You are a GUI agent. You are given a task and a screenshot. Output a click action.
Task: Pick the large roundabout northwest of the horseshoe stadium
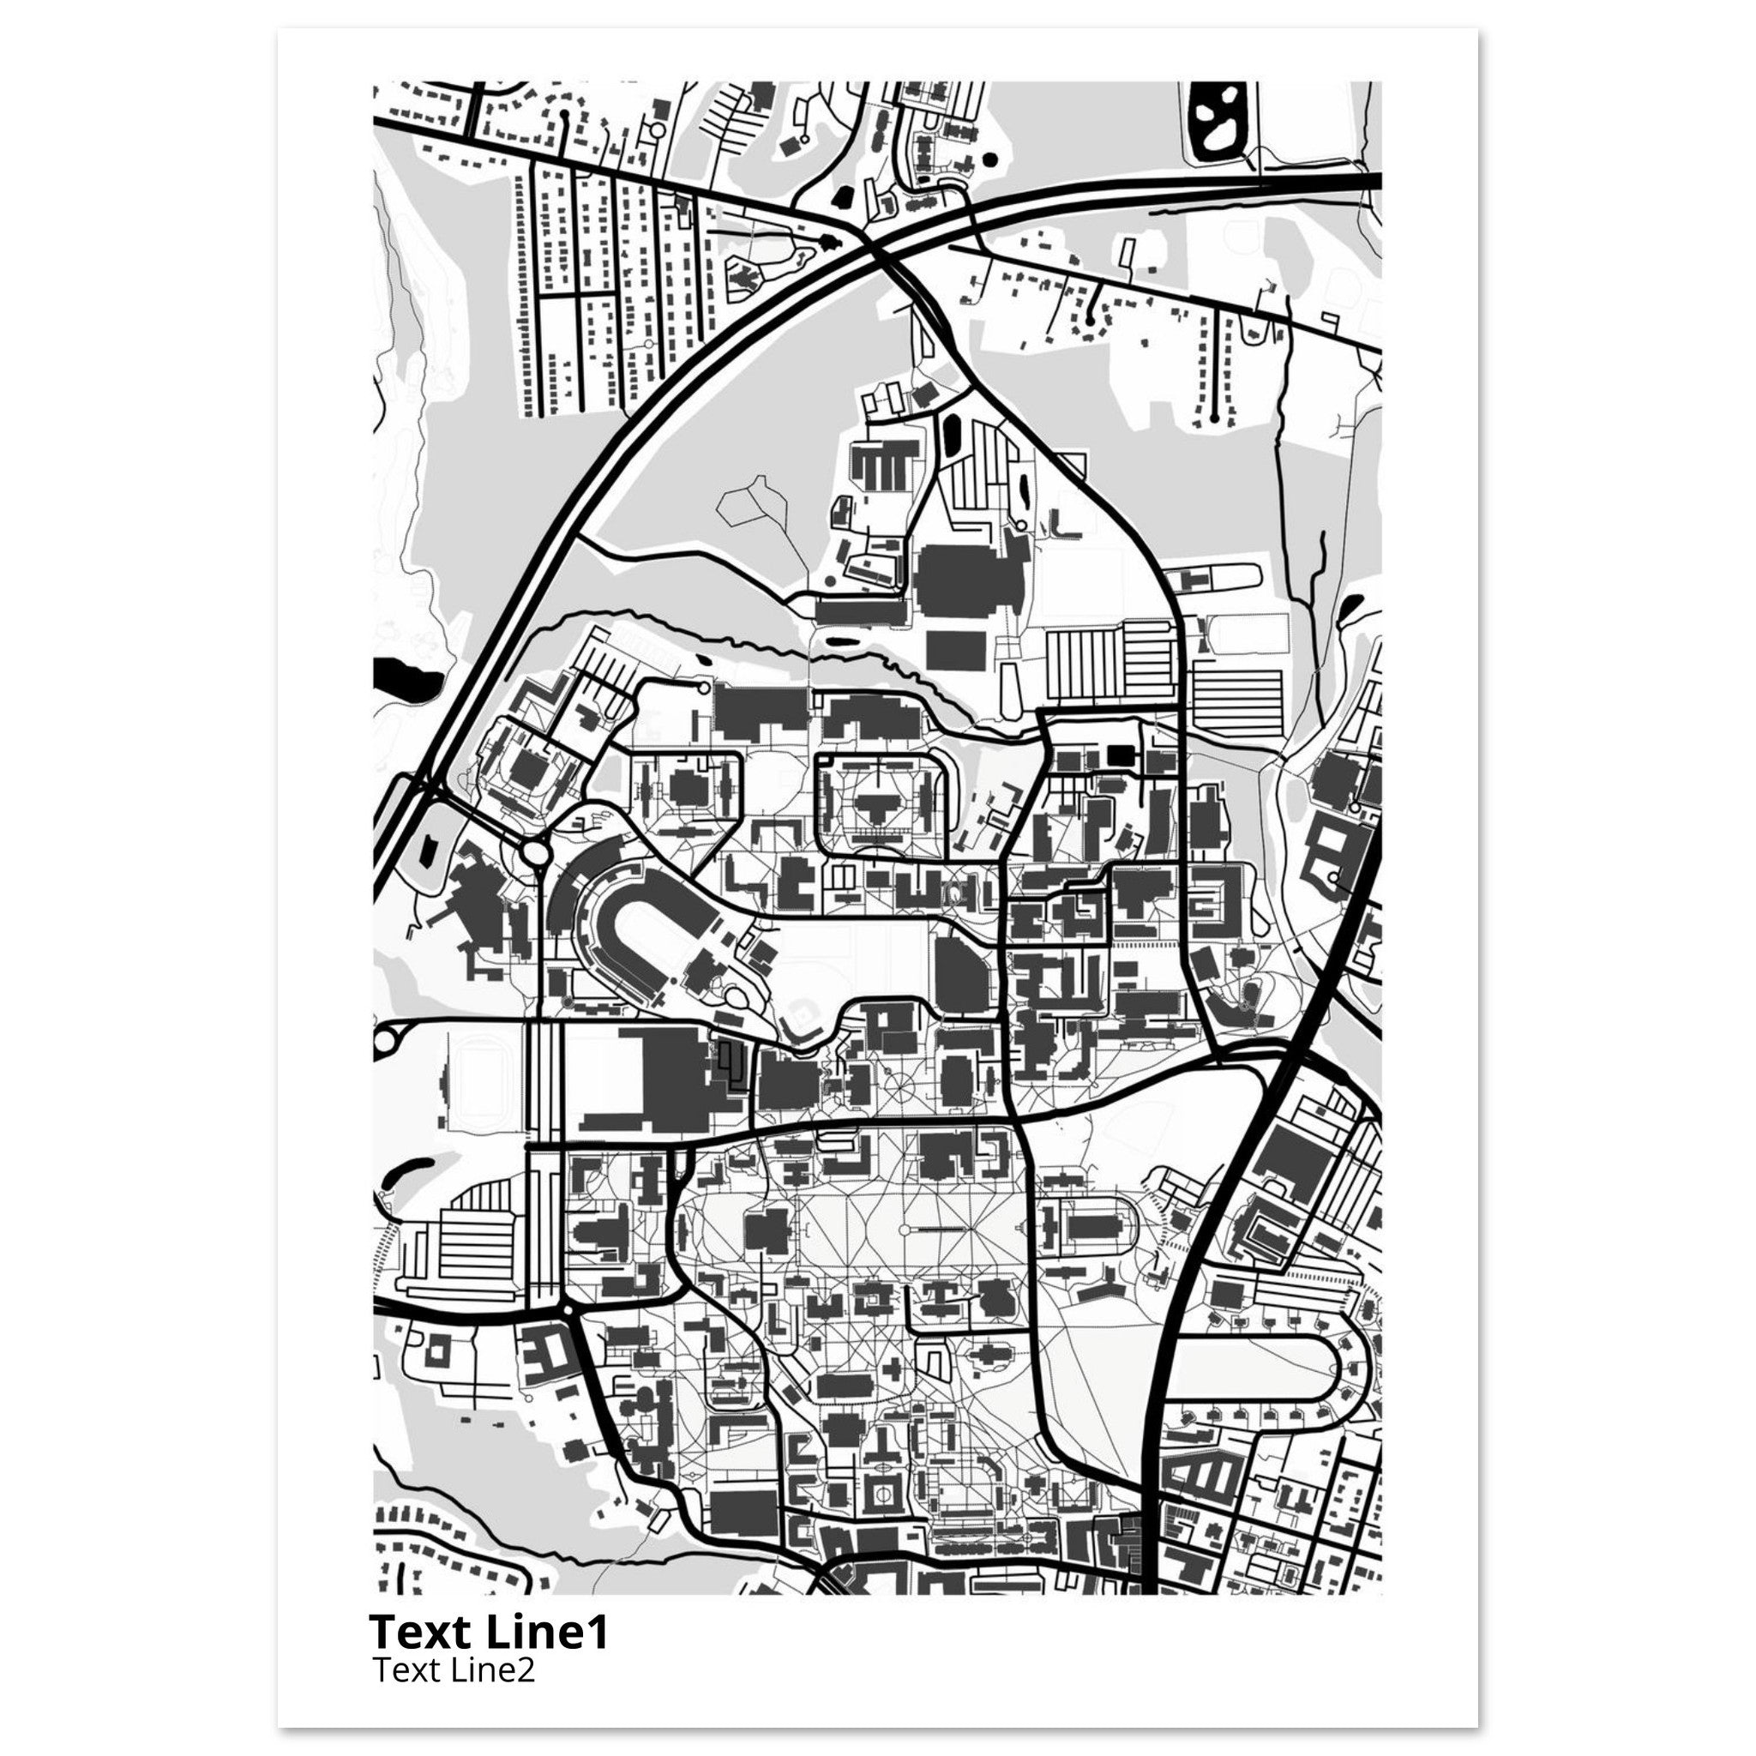pos(534,851)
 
